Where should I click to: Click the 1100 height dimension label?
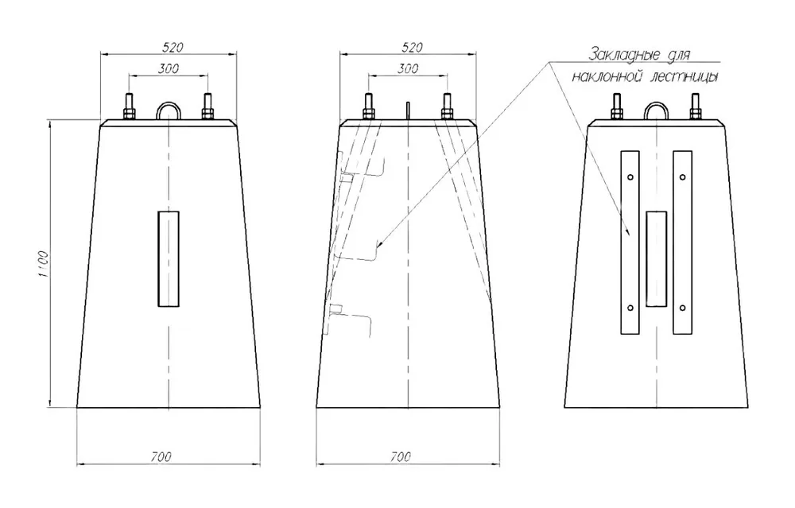pos(44,264)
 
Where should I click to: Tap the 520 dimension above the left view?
pos(173,47)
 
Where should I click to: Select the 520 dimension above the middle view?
pos(412,47)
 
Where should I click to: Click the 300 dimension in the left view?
pos(169,68)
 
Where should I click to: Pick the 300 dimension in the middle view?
pos(408,68)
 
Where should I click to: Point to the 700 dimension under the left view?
pos(161,457)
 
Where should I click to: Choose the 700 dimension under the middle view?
pos(401,457)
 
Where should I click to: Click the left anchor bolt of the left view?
pos(130,106)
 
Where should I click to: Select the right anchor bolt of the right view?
pos(695,106)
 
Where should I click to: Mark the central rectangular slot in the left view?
pos(169,259)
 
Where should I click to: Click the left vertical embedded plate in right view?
pos(630,242)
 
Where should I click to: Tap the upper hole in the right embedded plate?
pos(683,177)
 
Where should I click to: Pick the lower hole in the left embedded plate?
pos(630,308)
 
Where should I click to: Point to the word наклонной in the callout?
pos(603,77)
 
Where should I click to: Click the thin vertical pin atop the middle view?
pos(408,111)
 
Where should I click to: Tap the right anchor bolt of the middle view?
pos(447,106)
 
